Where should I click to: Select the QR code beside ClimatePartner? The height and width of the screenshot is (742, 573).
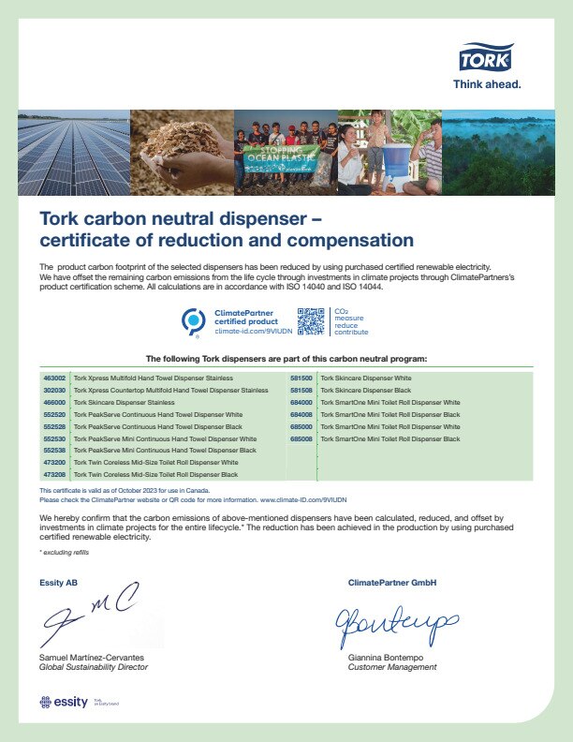(x=311, y=321)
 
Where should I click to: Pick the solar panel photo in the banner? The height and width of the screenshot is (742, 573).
(x=73, y=152)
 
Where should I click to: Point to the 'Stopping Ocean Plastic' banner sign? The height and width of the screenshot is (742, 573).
(x=281, y=154)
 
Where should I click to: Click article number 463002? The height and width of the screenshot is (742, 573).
(x=53, y=378)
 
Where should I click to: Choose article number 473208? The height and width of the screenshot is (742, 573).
(x=53, y=475)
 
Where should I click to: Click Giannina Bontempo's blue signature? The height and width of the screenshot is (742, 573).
(x=398, y=619)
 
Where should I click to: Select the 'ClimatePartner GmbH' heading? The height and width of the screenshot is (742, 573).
(x=391, y=583)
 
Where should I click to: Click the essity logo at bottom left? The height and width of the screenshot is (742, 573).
(x=65, y=702)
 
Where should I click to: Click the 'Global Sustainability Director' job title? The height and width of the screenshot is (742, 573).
(x=94, y=667)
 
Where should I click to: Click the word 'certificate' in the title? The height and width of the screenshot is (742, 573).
(x=89, y=240)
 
